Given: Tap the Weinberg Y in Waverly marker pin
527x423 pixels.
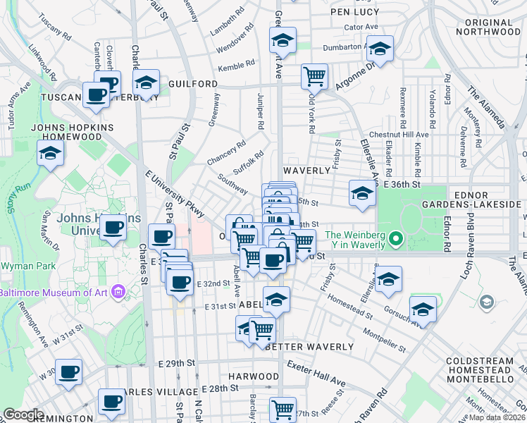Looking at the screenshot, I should click(x=396, y=240).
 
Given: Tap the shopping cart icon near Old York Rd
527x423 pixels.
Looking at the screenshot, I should click(x=314, y=75).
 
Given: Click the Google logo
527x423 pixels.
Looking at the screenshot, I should click(x=23, y=414).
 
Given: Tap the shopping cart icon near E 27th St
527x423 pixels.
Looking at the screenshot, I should click(x=283, y=407).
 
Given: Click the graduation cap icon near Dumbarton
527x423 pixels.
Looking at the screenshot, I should click(x=380, y=49).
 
